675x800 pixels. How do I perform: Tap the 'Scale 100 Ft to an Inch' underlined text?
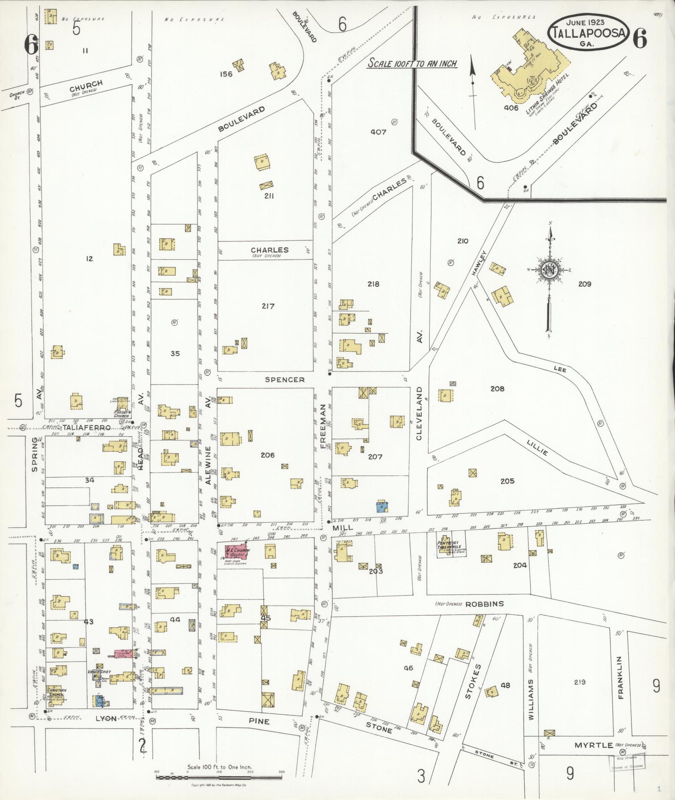point(412,64)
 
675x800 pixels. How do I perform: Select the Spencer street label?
point(285,380)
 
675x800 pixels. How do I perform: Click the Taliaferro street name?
point(87,428)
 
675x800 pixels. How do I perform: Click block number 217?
point(268,306)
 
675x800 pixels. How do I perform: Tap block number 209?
point(584,284)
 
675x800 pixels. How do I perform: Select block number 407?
point(378,132)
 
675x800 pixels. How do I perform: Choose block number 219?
point(580,682)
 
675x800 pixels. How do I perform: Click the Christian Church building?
point(56,693)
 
